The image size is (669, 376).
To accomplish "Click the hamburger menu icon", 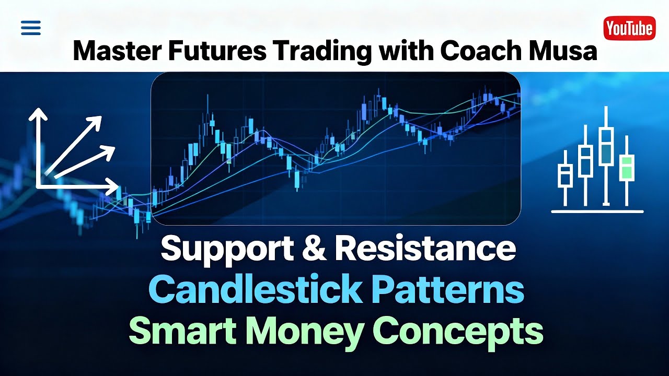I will (x=31, y=28).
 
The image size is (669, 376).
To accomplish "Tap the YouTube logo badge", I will (x=629, y=28).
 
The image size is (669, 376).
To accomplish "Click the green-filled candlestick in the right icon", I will (x=627, y=167).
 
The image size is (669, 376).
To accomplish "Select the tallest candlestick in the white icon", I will (x=606, y=146).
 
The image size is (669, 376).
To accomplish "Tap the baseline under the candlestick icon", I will (x=597, y=211).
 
